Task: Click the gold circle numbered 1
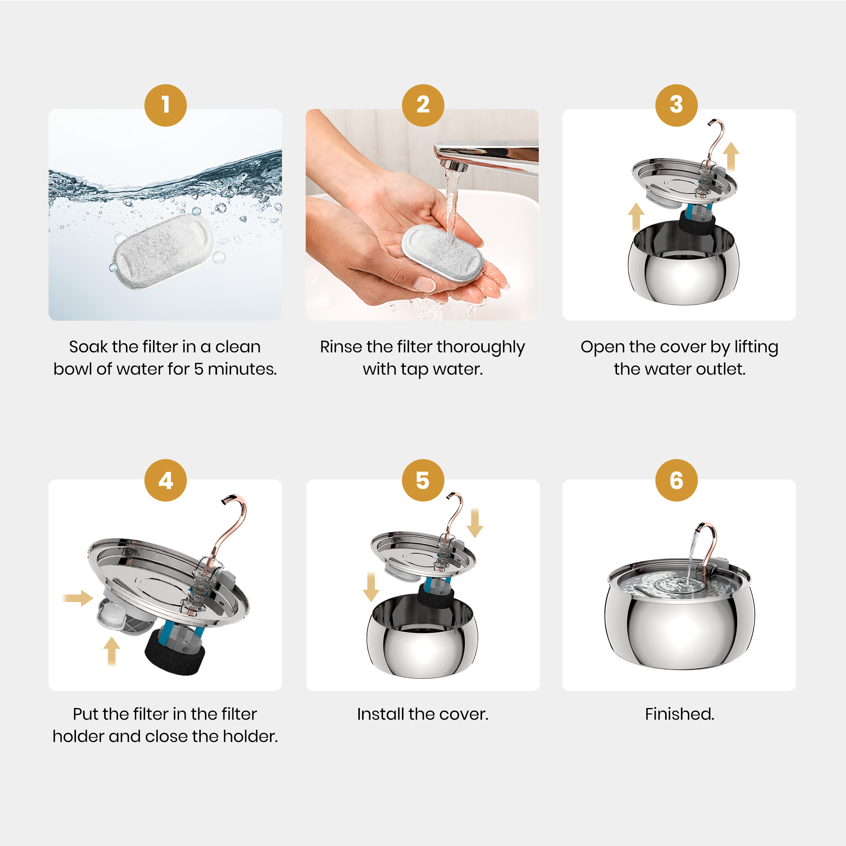tap(165, 106)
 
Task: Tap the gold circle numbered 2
tap(423, 106)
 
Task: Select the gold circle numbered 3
tap(676, 106)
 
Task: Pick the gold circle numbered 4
tap(165, 481)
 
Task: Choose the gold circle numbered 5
tap(423, 481)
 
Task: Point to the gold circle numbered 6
tap(676, 481)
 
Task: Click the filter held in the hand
tap(442, 254)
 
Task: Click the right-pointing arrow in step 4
tap(78, 598)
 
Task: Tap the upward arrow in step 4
tap(112, 652)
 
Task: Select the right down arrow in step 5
tap(475, 523)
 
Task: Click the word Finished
tap(679, 714)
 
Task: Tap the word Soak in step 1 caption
tap(88, 347)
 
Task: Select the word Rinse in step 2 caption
tap(341, 347)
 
